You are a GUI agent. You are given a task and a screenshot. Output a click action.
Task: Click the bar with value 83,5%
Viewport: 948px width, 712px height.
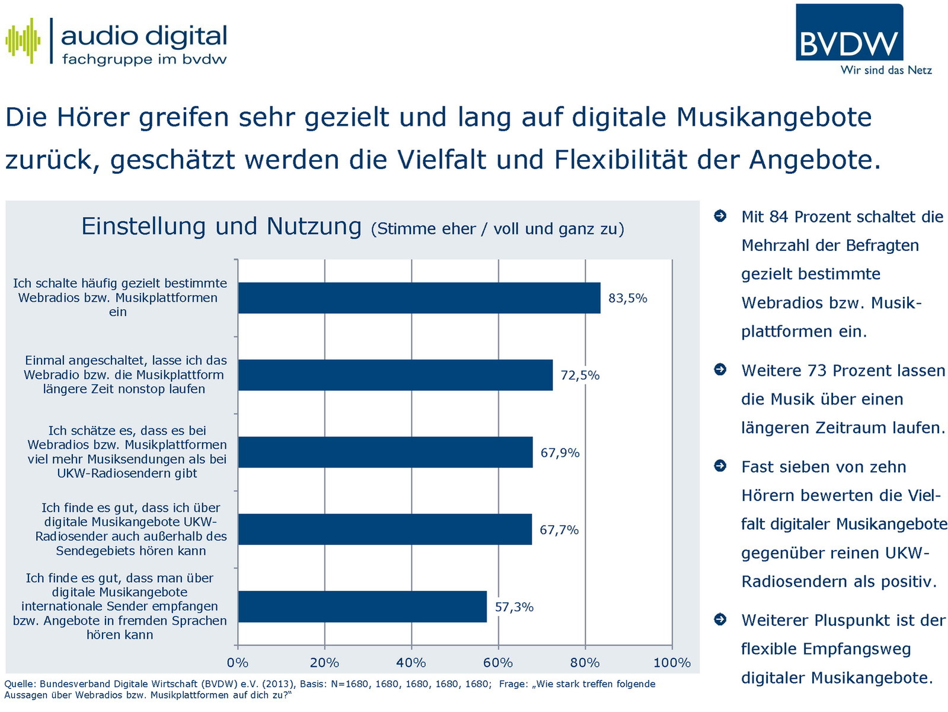(x=419, y=298)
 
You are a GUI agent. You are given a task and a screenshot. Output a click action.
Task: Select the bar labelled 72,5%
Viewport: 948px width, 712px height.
(x=395, y=375)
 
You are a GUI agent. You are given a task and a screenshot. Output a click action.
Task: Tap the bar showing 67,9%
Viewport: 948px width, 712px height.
(x=385, y=452)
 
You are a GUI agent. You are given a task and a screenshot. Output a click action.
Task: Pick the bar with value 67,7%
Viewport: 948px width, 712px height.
(x=385, y=529)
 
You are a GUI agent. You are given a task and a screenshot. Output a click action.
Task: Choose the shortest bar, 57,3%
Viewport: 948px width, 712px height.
(x=362, y=606)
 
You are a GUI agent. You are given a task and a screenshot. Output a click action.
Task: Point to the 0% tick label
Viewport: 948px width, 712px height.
(x=238, y=663)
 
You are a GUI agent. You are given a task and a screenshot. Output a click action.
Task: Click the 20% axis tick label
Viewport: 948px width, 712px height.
(x=324, y=663)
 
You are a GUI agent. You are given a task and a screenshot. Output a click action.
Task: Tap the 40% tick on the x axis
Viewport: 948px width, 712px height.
(x=411, y=663)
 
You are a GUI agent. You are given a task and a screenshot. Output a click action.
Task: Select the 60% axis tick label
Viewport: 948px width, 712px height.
(x=498, y=663)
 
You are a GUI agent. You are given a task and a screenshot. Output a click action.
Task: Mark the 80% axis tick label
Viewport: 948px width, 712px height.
(x=585, y=663)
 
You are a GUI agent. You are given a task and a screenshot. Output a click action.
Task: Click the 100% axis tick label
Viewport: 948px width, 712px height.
(x=672, y=663)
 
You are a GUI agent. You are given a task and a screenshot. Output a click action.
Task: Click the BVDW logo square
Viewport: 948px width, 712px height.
(x=849, y=33)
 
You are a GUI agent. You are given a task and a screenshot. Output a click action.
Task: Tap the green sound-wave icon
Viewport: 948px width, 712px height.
(x=23, y=40)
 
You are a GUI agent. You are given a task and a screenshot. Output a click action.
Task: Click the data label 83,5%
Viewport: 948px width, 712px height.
(x=628, y=298)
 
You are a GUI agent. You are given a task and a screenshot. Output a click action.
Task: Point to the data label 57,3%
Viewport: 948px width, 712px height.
(x=514, y=607)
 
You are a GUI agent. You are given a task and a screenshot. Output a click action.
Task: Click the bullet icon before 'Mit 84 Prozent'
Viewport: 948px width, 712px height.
(x=720, y=216)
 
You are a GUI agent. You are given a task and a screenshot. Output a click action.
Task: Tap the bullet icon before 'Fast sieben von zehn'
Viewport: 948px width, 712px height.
(x=720, y=466)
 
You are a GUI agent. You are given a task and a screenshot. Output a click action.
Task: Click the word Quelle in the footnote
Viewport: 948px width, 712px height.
(x=19, y=684)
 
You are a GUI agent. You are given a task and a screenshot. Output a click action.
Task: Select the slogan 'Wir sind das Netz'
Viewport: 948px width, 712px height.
(x=886, y=70)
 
